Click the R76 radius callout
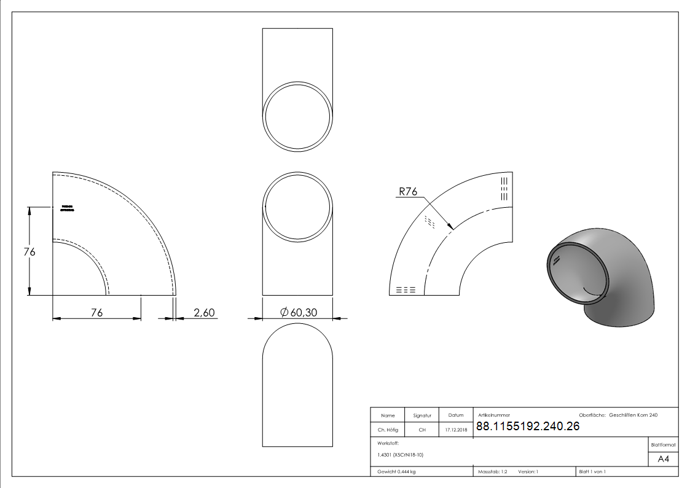[408, 192]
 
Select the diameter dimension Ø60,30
[299, 313]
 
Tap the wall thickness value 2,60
[204, 313]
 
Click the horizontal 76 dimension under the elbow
[96, 313]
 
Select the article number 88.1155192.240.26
[528, 427]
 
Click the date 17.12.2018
[456, 430]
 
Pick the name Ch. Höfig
[387, 430]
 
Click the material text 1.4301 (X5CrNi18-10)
[401, 455]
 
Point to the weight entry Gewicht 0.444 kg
[396, 472]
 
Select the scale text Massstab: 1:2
[492, 472]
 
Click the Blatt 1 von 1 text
[592, 472]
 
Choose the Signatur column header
[422, 415]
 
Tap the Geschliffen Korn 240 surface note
[633, 415]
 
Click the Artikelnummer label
[494, 415]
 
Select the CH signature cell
[422, 430]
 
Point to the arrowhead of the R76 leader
[452, 229]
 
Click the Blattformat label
[663, 444]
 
